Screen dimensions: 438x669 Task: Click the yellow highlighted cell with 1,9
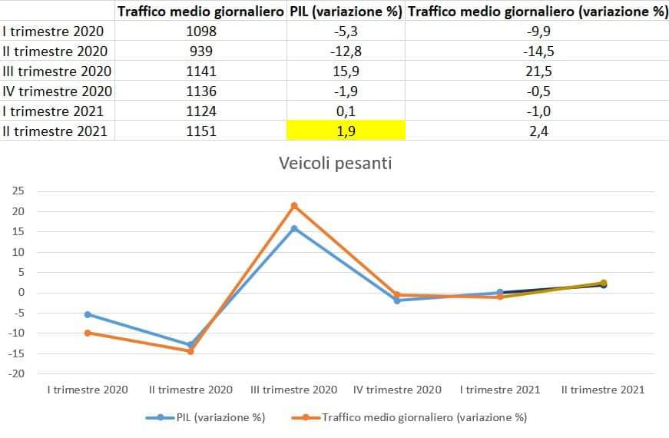[346, 131]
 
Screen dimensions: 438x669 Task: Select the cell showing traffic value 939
[202, 51]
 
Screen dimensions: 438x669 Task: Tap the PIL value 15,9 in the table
[346, 71]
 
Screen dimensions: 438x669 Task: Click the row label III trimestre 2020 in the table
[57, 71]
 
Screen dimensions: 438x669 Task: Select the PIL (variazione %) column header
[346, 12]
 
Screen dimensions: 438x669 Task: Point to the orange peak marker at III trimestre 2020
[294, 206]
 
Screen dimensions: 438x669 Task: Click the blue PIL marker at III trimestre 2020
[294, 228]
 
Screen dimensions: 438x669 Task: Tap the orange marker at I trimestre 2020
[88, 333]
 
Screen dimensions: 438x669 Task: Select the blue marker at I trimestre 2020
[88, 314]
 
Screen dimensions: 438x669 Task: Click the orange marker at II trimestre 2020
[190, 351]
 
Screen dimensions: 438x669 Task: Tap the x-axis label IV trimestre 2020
[397, 390]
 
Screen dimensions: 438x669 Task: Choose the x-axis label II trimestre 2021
[603, 390]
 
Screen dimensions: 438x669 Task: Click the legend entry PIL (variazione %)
[205, 417]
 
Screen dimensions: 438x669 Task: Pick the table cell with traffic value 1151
[202, 131]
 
